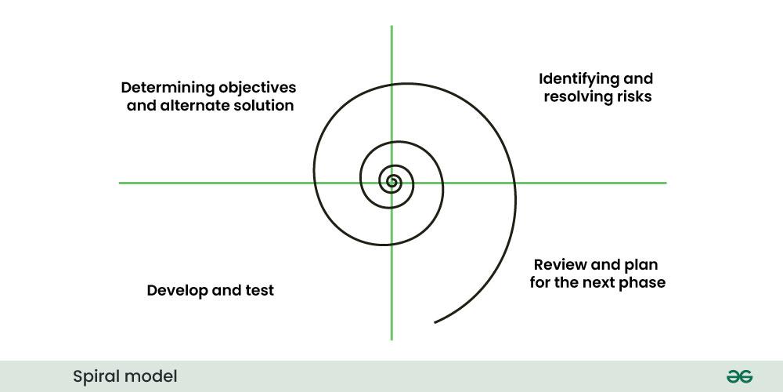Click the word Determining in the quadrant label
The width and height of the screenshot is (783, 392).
pos(168,88)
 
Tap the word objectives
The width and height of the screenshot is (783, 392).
pos(257,88)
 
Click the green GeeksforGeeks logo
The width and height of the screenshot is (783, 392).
pos(740,376)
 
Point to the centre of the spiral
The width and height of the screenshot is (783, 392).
pos(391,183)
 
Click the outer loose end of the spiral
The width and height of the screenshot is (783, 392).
pos(435,322)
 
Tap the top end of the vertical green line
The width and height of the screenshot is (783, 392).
pos(391,26)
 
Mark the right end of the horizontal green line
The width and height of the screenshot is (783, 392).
pos(666,183)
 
